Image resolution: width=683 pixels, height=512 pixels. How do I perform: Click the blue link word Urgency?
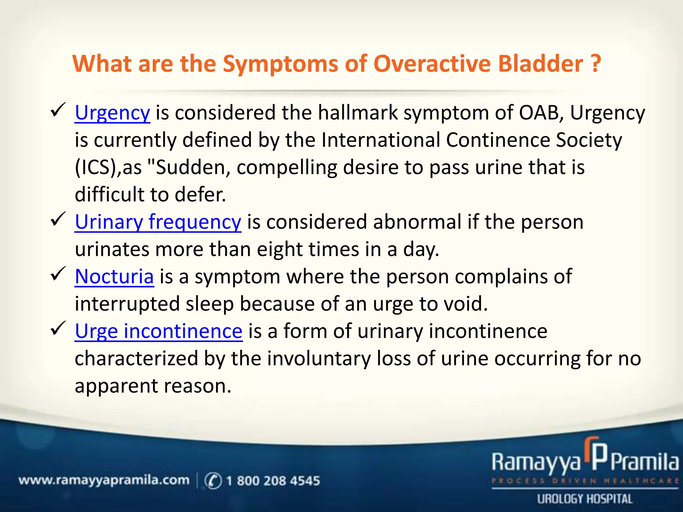click(112, 113)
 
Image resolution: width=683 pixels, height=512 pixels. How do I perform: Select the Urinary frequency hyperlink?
click(158, 222)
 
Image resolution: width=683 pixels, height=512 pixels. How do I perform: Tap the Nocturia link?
click(114, 277)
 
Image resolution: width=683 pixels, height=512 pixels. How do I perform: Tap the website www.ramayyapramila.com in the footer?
click(104, 480)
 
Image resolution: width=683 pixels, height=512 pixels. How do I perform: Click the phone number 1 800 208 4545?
click(273, 481)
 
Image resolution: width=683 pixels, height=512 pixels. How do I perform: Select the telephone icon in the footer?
click(213, 481)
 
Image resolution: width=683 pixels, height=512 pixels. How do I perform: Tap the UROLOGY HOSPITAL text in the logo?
click(584, 499)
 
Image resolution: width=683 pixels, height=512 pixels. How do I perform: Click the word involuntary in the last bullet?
click(319, 359)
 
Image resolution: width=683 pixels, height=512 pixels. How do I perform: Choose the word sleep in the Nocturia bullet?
click(209, 304)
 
